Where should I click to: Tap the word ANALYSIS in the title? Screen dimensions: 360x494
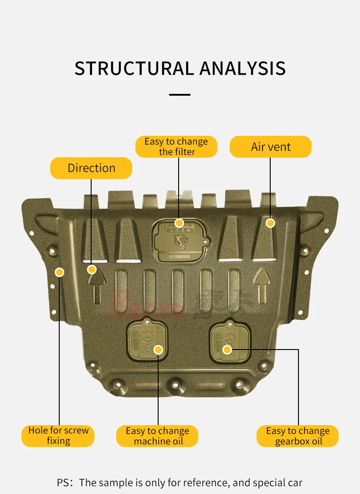pos(242,68)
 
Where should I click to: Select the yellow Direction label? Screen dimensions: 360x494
pos(91,168)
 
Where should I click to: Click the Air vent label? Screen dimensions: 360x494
pos(271,147)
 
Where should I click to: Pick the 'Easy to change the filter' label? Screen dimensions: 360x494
pos(176,147)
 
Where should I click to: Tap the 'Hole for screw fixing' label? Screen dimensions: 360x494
pos(58,436)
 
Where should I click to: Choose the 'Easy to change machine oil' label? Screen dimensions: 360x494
pos(158,436)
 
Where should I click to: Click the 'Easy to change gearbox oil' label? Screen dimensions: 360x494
pos(298,436)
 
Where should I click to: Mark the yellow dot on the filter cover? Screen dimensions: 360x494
pos(179,223)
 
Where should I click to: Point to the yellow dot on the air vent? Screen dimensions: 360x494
pos(270,223)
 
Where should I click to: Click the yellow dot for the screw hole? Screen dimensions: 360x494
pos(59,273)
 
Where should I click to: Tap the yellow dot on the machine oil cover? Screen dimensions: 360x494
pos(158,350)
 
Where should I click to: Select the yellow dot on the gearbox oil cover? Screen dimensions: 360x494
pos(227,350)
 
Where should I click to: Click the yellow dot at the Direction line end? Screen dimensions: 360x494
pos(92,269)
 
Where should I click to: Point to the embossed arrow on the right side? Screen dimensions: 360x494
pos(262,285)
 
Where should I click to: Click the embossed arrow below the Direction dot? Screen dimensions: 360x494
pos(96,287)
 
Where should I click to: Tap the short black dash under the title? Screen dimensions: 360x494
pos(180,95)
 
